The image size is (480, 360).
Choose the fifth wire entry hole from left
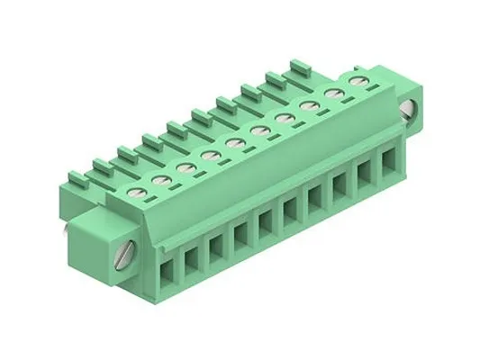coord(267,221)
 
